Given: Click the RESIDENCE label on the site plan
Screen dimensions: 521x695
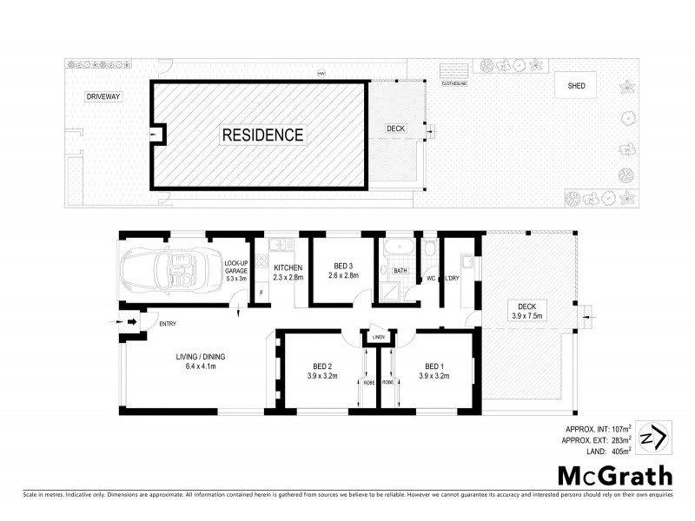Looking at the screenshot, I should pos(262,135).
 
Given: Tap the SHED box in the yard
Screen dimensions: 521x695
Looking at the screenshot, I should pos(576,86).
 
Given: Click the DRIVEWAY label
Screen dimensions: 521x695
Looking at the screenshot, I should pos(103,96).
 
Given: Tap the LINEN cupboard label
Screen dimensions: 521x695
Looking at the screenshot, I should pos(378,337).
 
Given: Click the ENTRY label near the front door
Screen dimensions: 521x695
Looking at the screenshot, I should pos(167,325).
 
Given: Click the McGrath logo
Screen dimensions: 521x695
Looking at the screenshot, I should pos(613,476).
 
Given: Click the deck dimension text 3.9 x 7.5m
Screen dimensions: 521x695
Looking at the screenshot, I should pos(526,316).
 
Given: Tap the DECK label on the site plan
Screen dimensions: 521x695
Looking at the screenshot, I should pos(395,129).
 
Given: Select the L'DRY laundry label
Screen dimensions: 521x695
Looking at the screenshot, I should pos(452,279).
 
